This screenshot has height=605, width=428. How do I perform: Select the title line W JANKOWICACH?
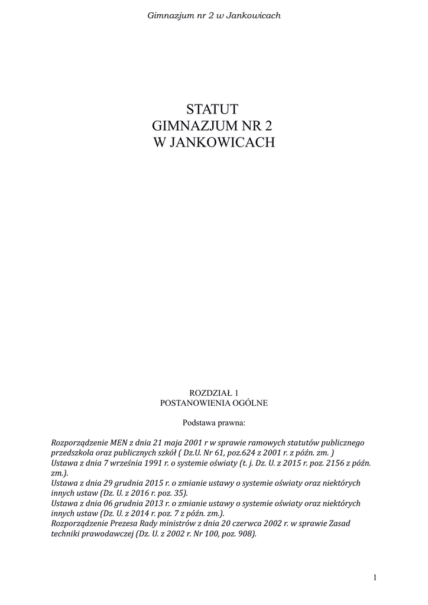pyautogui.click(x=213, y=142)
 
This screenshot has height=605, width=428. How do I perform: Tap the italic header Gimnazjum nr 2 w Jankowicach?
pyautogui.click(x=213, y=15)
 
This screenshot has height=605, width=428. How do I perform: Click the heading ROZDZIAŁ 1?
pyautogui.click(x=213, y=392)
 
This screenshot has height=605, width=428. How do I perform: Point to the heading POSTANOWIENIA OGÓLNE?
pyautogui.click(x=213, y=403)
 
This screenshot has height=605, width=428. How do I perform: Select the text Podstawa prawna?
pyautogui.click(x=213, y=423)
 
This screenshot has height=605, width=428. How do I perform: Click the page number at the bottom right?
pyautogui.click(x=375, y=577)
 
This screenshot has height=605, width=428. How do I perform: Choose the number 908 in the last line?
pyautogui.click(x=247, y=534)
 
